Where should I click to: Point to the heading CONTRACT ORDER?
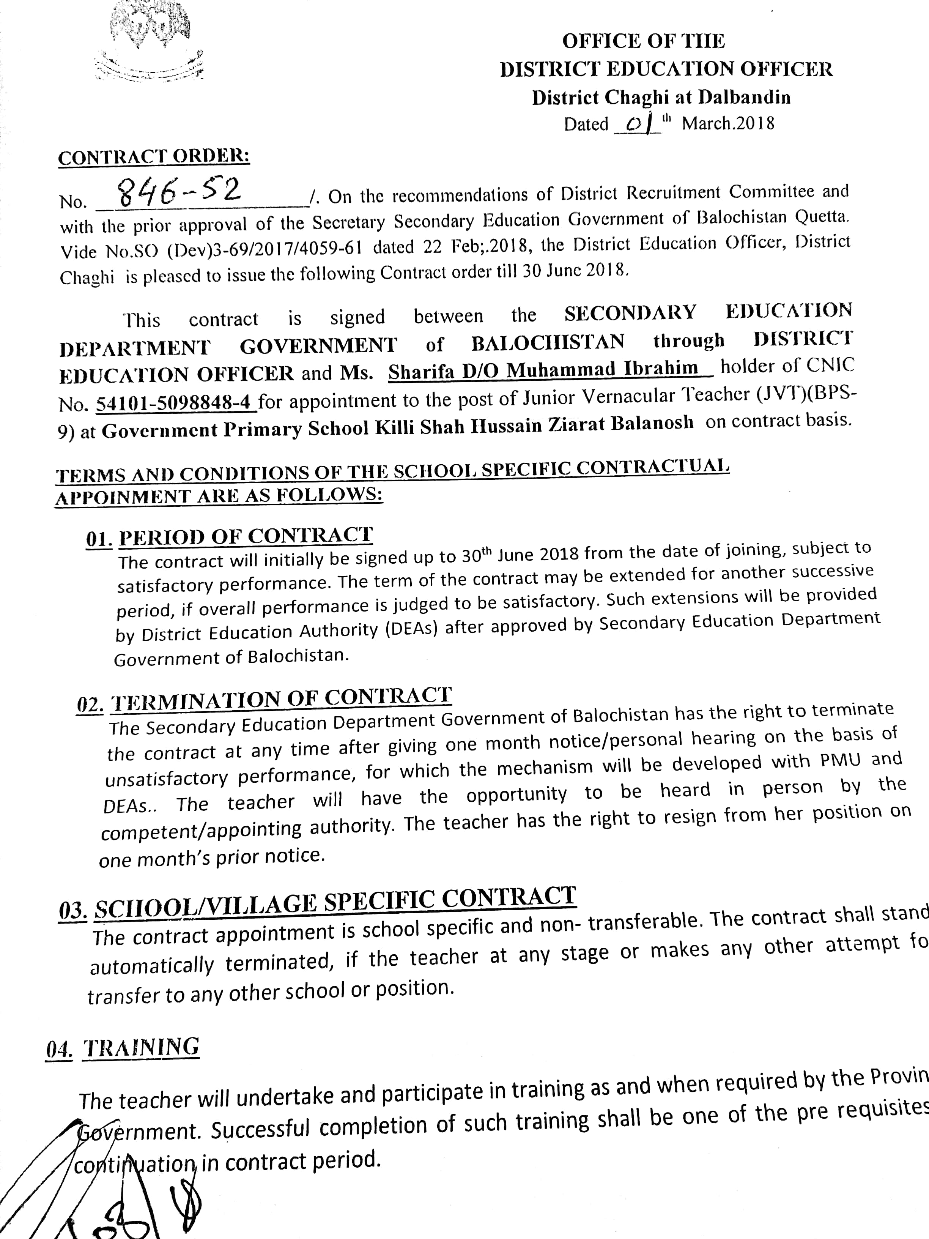[x=154, y=157]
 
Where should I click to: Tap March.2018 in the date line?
[x=728, y=123]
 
